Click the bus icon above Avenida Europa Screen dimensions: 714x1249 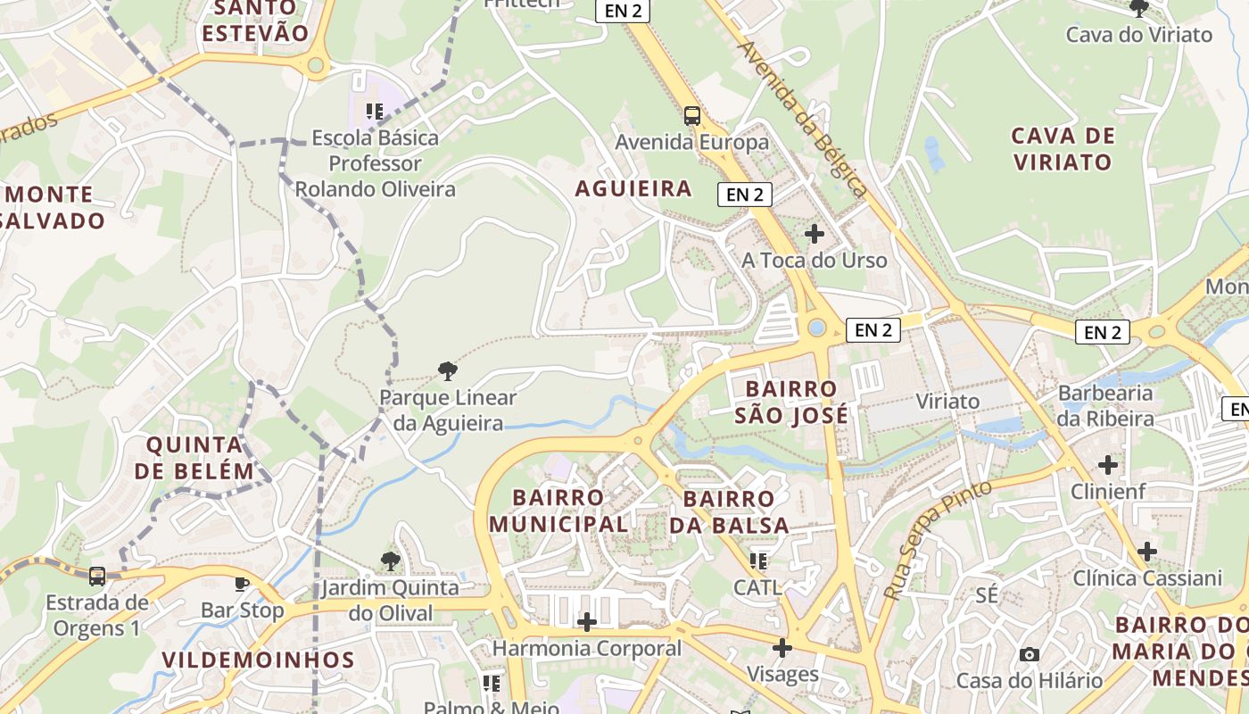(x=691, y=116)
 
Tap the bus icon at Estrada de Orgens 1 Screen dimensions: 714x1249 (x=97, y=577)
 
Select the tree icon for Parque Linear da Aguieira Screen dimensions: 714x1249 (x=448, y=370)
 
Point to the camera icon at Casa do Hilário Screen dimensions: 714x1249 (x=1030, y=654)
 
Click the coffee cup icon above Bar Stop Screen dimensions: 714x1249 (x=241, y=585)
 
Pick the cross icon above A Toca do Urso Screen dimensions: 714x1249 (x=814, y=234)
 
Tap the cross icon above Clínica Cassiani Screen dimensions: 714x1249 (x=1147, y=552)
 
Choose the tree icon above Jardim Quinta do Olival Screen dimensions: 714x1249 (x=390, y=561)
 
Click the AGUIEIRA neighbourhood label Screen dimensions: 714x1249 (x=633, y=188)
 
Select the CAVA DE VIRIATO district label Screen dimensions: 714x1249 (x=1063, y=149)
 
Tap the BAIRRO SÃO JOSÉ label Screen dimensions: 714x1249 (x=791, y=403)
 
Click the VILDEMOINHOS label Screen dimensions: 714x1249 (x=259, y=660)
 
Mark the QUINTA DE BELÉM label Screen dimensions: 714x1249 (x=200, y=457)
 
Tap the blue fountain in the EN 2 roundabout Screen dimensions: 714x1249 (x=816, y=328)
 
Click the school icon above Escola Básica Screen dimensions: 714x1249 (x=375, y=112)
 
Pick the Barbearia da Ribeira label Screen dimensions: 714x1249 (x=1105, y=405)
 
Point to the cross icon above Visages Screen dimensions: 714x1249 (x=782, y=648)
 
